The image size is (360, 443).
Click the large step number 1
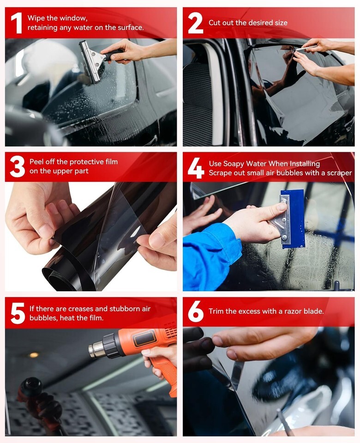17,23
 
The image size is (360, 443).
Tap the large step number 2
195,23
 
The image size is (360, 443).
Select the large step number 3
18,167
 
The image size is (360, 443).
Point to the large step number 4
196,168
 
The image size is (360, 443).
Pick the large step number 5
18,313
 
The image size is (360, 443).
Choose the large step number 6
196,311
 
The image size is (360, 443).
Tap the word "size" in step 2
281,23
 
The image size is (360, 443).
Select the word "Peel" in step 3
36,162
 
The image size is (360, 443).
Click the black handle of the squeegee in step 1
113,54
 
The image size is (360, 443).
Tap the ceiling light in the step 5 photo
34,355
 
